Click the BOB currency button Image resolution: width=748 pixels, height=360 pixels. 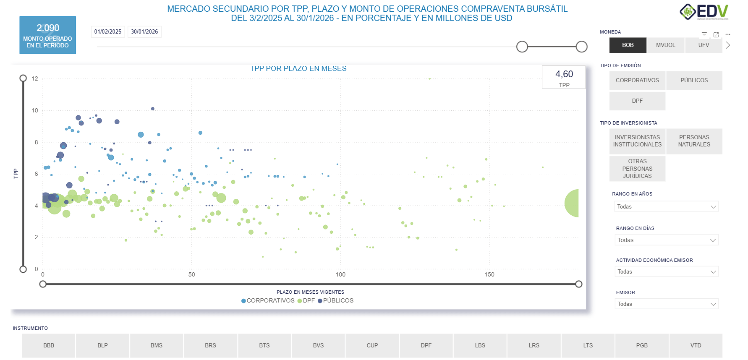click(x=628, y=45)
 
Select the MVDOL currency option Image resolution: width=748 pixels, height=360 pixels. click(x=665, y=45)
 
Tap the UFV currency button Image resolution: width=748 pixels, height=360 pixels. click(x=704, y=45)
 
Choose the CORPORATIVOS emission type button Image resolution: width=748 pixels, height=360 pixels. click(x=637, y=80)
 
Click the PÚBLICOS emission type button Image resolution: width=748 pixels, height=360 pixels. click(x=694, y=80)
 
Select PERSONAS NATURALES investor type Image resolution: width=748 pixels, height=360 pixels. click(x=694, y=141)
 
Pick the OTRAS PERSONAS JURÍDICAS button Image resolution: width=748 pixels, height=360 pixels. click(x=637, y=169)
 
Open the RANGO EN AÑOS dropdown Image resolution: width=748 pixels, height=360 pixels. click(x=666, y=206)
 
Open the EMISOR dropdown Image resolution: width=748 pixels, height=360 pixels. click(x=666, y=304)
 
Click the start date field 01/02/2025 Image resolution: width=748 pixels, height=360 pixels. click(x=108, y=32)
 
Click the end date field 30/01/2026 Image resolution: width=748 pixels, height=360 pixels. click(x=144, y=32)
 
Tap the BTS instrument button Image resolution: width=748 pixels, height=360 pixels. click(x=264, y=345)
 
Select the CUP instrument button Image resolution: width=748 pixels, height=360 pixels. click(x=372, y=345)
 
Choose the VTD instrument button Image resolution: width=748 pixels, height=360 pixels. click(x=696, y=345)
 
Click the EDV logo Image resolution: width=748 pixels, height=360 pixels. click(x=704, y=12)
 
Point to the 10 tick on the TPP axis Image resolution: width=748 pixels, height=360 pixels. click(x=35, y=110)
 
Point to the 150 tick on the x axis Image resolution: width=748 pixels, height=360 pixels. click(x=489, y=274)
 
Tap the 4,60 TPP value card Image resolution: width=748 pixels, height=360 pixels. click(x=564, y=77)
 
